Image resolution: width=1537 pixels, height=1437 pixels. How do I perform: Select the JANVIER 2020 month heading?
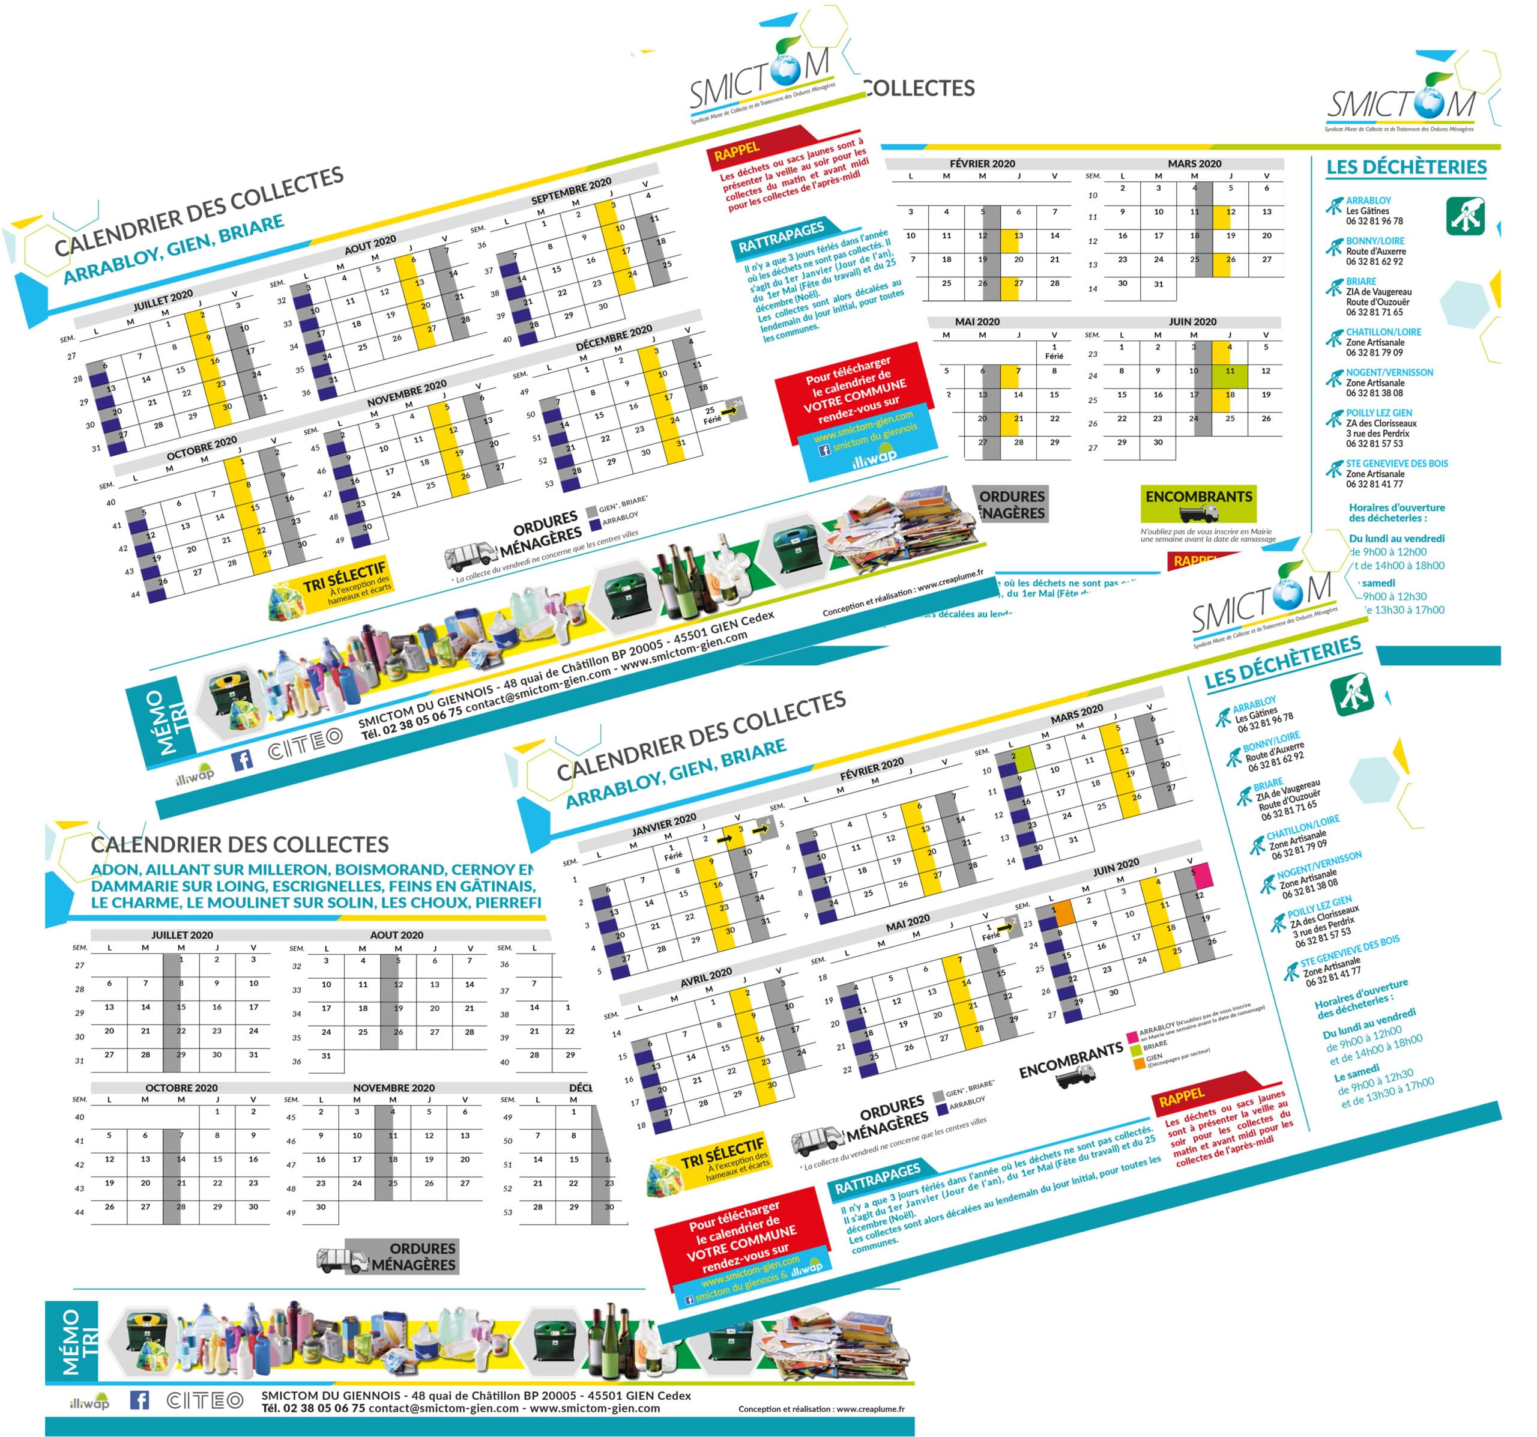pos(663,824)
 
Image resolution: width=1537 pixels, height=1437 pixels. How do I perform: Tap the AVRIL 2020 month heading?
pos(706,977)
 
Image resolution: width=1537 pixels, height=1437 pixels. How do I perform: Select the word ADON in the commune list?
pos(113,870)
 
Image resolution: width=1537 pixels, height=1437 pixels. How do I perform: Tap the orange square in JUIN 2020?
pos(1064,913)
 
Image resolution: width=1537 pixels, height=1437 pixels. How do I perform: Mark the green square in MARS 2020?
pos(1023,757)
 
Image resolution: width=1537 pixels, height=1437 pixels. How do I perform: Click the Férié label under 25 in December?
pos(712,420)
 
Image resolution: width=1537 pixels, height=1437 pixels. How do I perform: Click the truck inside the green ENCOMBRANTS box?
pos(1198,513)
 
